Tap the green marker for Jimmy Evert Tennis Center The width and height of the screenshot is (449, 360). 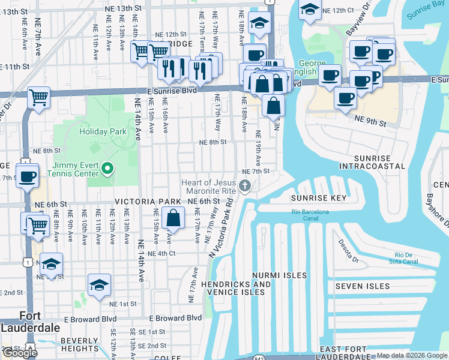click(108, 169)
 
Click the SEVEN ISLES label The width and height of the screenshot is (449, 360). click(362, 286)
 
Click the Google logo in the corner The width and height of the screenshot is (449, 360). click(19, 353)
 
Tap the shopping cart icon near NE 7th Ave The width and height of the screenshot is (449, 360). click(38, 97)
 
